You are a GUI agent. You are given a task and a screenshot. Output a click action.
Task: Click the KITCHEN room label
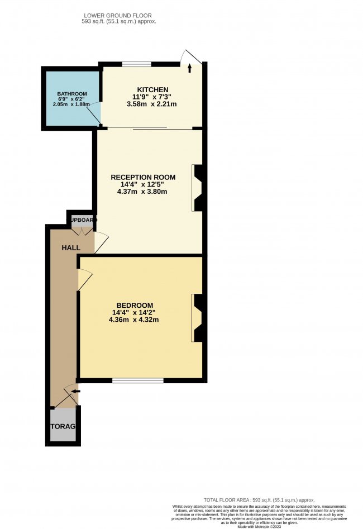coord(152,89)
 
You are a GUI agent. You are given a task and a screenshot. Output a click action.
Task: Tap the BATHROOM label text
coord(71,93)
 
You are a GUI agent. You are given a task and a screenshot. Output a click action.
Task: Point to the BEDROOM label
coord(135,305)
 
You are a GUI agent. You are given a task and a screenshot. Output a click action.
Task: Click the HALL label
coord(71,247)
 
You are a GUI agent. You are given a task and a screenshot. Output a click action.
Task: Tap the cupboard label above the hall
coord(82,219)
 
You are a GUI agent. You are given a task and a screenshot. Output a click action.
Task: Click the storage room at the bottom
coord(63,426)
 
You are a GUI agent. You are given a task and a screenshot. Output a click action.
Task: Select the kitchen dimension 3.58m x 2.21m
coord(152,104)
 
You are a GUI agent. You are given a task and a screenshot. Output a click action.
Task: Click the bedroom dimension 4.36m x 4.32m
coord(135,320)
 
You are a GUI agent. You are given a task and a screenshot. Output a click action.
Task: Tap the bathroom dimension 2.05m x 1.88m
coord(71,103)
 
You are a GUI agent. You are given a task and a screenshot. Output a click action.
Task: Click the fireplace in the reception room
coord(197,188)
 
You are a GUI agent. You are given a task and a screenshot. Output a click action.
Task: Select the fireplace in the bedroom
coord(197,318)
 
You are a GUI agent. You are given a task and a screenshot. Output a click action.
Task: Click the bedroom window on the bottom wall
coord(137,381)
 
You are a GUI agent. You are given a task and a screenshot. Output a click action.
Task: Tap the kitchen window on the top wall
coord(136,63)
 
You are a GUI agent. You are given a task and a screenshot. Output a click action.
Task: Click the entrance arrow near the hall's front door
coord(75,391)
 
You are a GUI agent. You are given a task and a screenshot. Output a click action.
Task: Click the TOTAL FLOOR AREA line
coord(259,499)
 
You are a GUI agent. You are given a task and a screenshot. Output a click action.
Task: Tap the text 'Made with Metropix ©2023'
coord(259,526)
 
